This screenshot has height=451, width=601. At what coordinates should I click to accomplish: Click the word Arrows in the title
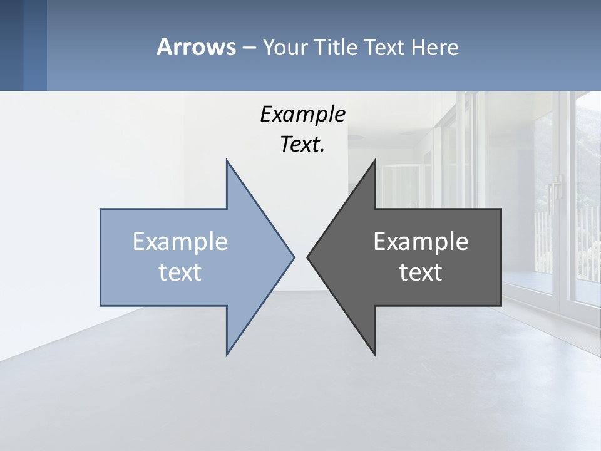196,47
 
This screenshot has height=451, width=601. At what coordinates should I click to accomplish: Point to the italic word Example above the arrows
303,114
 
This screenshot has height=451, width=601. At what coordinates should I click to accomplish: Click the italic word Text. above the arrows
303,144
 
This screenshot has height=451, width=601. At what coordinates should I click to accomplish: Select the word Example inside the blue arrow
180,241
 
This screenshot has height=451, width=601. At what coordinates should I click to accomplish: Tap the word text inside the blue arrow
180,272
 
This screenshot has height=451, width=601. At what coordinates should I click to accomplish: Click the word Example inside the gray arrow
421,241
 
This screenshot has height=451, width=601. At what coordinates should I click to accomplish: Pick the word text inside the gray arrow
421,272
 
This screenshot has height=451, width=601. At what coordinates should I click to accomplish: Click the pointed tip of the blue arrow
294,256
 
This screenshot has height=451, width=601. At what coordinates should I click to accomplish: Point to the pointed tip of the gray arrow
307,256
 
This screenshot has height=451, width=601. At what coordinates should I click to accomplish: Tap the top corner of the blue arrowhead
227,161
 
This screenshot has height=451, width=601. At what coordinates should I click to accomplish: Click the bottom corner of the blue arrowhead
227,353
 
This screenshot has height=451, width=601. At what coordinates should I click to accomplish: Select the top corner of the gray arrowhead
374,161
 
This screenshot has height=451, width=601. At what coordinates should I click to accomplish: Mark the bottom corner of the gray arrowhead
374,354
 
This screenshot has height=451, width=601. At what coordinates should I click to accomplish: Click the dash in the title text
249,48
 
